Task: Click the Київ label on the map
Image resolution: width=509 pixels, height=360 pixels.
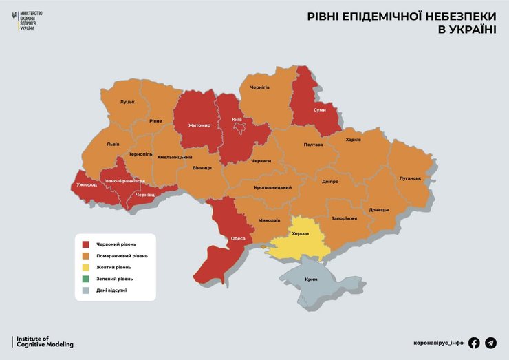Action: point(236,120)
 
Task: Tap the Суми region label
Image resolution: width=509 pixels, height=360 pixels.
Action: point(319,110)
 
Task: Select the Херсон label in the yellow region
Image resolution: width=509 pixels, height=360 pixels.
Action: point(300,234)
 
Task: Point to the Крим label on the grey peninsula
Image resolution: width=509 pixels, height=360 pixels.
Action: point(312,279)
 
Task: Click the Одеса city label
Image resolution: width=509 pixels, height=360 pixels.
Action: point(238,238)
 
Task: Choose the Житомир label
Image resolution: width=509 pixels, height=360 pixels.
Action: point(199,126)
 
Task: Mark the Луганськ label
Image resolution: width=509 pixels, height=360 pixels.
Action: point(410,178)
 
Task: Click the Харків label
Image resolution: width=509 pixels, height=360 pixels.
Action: point(354,140)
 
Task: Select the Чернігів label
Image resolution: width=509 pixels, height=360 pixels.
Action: point(259,87)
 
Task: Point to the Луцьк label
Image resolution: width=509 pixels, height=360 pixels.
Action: point(127,102)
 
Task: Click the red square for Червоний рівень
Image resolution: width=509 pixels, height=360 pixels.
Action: point(86,244)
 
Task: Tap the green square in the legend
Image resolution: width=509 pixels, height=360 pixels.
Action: point(86,279)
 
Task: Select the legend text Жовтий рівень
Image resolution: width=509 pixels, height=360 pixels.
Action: point(113,267)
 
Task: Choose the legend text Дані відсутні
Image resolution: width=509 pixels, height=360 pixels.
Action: point(111,290)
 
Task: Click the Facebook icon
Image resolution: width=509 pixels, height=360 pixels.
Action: point(474,343)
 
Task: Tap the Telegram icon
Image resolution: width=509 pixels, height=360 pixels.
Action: point(490,343)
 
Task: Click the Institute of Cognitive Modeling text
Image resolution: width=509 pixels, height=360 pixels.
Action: point(43,341)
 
